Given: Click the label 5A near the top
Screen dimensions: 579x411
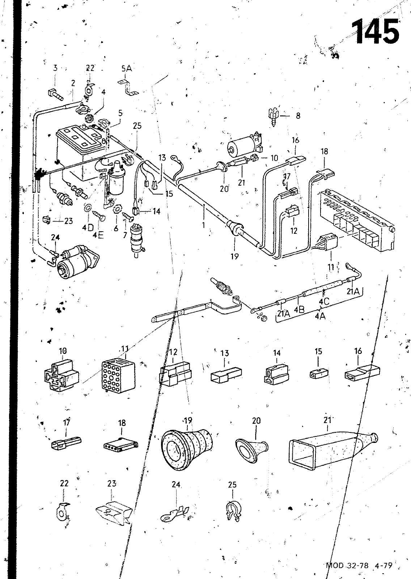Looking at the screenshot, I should coord(127,68).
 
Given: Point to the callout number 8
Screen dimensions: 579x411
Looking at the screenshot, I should coord(298,116).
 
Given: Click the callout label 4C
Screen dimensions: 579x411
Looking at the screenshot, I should coord(324,301).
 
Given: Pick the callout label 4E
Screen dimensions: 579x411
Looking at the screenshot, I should coord(98,235).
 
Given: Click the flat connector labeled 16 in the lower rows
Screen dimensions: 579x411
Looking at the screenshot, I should coord(362,372).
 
